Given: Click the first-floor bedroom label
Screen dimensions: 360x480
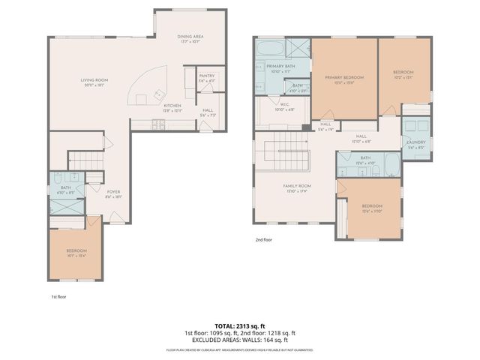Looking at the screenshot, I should coord(76,252).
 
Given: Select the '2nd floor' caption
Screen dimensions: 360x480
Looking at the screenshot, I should coord(264,240).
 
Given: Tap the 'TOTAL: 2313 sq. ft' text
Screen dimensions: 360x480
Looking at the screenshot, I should coord(239,325).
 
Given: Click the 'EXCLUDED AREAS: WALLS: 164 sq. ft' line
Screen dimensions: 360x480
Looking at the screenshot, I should coord(239,340).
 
